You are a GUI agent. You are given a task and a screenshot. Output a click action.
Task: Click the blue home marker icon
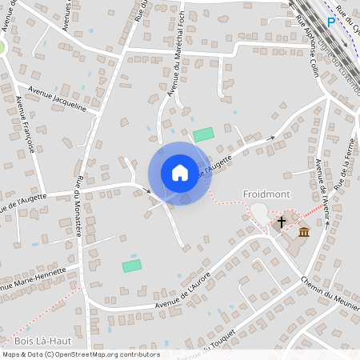tap(179, 173)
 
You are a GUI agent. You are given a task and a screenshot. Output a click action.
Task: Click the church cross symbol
tap(281, 222)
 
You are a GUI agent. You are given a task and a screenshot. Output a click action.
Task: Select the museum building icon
tap(304, 232)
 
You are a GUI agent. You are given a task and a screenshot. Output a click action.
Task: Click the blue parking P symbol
tap(330, 22)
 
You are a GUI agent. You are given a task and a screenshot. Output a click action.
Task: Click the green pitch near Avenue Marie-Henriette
tap(131, 265)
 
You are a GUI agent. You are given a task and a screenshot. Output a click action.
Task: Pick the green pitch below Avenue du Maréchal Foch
tap(204, 134)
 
